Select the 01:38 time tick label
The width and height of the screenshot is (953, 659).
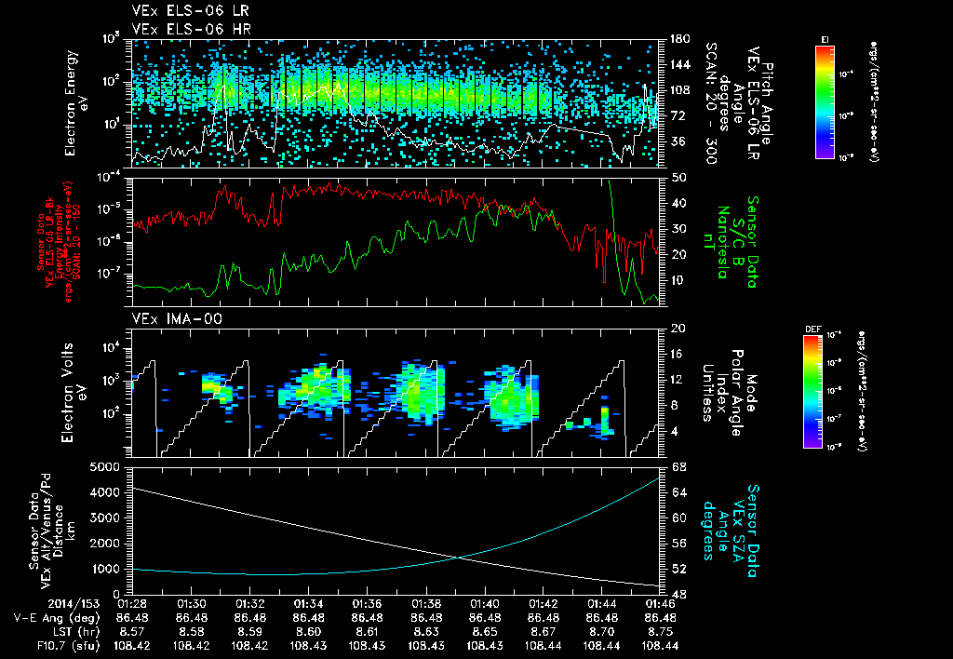[x=426, y=603]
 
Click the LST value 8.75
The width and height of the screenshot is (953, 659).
[x=661, y=631]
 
